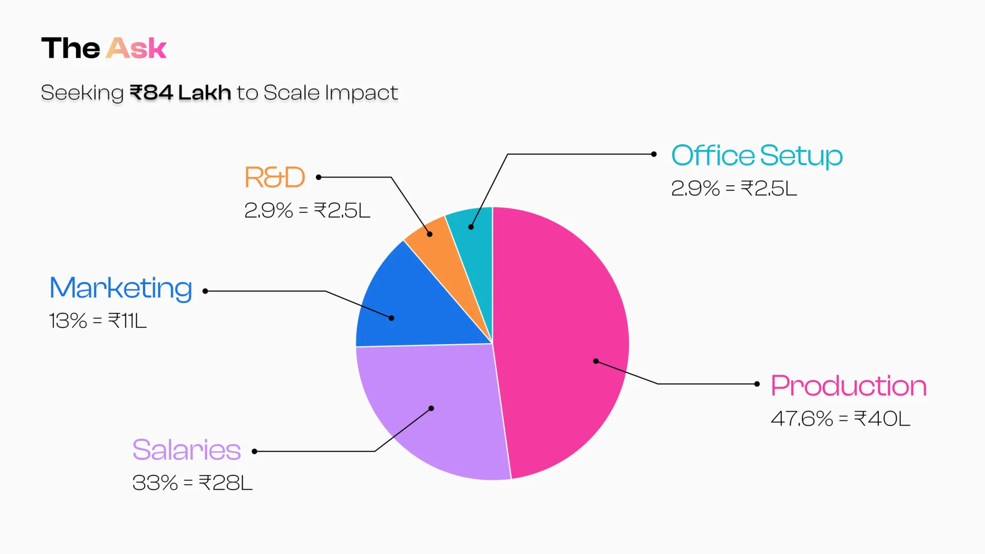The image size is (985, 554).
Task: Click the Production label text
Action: point(849,386)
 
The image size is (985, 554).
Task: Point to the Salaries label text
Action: point(186,450)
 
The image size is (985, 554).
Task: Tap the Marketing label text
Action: point(121,288)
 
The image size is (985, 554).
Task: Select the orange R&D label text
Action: point(275,177)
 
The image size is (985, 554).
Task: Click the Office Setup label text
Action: point(757,155)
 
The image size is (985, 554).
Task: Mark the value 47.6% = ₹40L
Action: point(840,419)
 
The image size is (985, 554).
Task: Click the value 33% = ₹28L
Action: point(192,483)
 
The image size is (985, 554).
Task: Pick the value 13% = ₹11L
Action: point(97,321)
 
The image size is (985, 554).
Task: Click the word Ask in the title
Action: point(136,49)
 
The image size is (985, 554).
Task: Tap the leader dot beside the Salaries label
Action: point(254,451)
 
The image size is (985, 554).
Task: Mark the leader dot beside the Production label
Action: point(757,384)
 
